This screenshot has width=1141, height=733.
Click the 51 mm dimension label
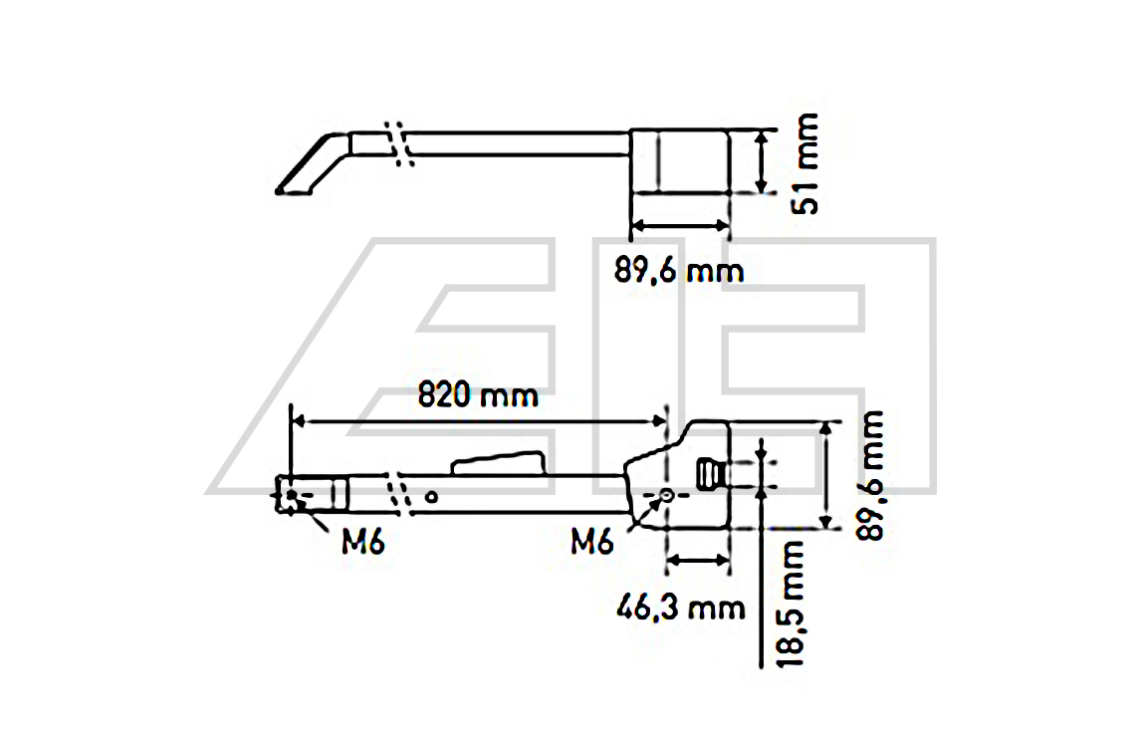[x=805, y=163]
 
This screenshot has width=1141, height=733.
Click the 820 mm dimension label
[x=477, y=395]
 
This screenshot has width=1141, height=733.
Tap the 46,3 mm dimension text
[x=681, y=607]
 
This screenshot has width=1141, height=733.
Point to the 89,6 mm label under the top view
[x=679, y=271]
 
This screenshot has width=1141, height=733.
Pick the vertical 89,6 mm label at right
[x=870, y=475]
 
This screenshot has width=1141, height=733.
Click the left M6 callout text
[x=362, y=542]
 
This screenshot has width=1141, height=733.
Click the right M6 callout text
[x=591, y=542]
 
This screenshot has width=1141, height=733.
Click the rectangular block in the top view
[x=680, y=161]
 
